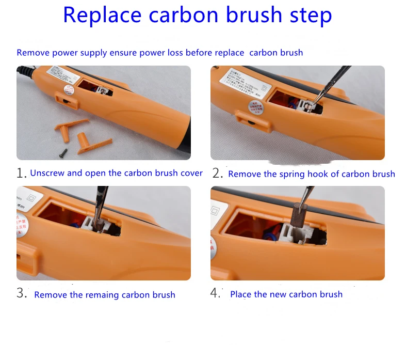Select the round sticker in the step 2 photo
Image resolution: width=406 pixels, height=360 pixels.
pyautogui.click(x=254, y=108)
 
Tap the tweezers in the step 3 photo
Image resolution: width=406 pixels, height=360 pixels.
pyautogui.click(x=100, y=203)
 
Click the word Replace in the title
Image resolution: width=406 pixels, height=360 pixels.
pyautogui.click(x=102, y=15)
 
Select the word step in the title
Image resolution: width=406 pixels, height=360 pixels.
pyautogui.click(x=310, y=16)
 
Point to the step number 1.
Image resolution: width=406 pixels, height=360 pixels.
pyautogui.click(x=21, y=174)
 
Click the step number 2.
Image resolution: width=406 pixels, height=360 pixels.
pyautogui.click(x=217, y=174)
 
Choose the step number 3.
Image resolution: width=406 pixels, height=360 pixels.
pyautogui.click(x=21, y=293)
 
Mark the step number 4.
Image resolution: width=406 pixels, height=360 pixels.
pyautogui.click(x=216, y=293)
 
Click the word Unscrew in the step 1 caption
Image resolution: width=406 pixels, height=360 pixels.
pyautogui.click(x=47, y=173)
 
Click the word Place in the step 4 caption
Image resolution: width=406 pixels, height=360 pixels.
pyautogui.click(x=241, y=294)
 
